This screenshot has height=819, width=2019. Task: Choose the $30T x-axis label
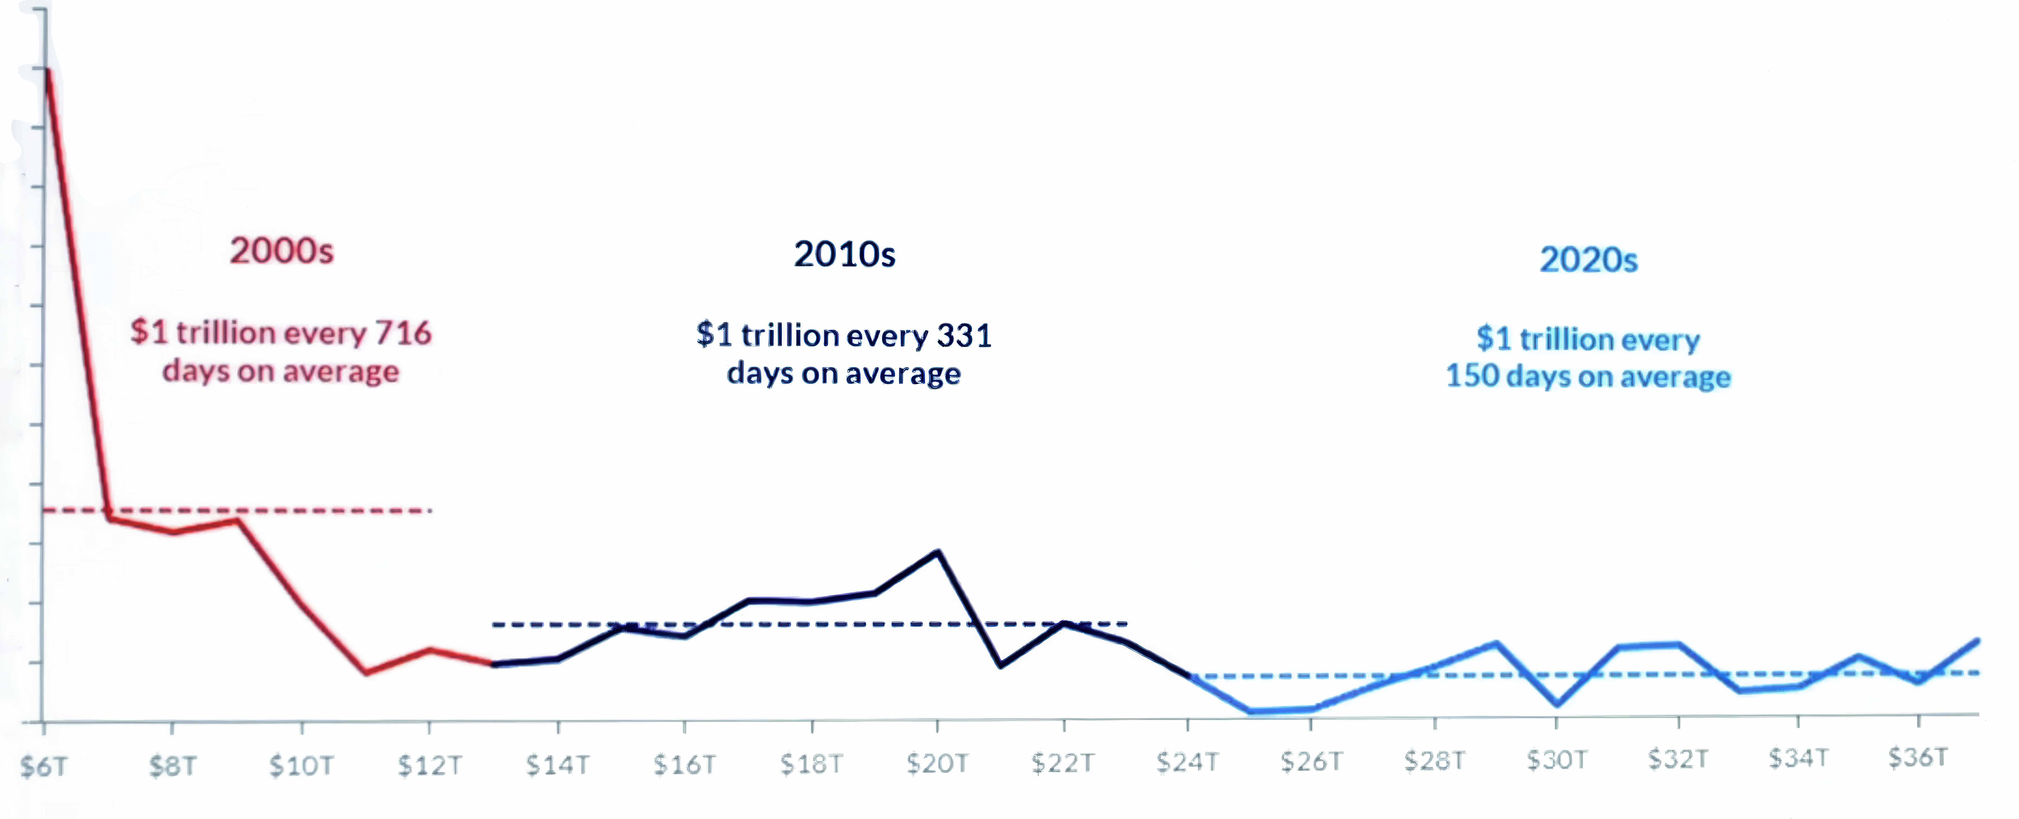point(1557,759)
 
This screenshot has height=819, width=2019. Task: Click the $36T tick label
point(1917,757)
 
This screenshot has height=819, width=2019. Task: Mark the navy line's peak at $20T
point(938,552)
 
